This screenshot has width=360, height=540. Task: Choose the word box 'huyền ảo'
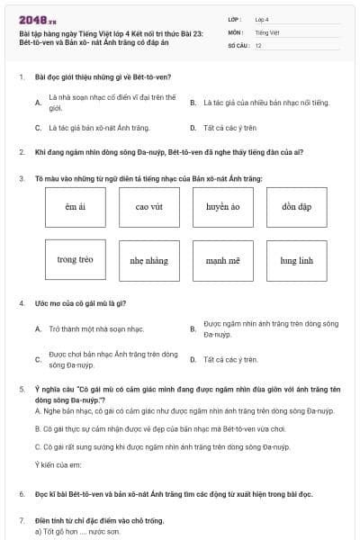click(222, 207)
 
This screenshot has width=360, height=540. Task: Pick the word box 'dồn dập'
click(296, 207)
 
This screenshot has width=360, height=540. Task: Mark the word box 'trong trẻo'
click(75, 260)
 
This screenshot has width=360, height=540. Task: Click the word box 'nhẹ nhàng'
click(148, 260)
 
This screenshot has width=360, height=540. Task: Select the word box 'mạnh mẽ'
click(222, 260)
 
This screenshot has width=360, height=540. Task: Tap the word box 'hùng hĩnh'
click(296, 260)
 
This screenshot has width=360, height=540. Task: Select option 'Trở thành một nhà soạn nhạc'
click(96, 328)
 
